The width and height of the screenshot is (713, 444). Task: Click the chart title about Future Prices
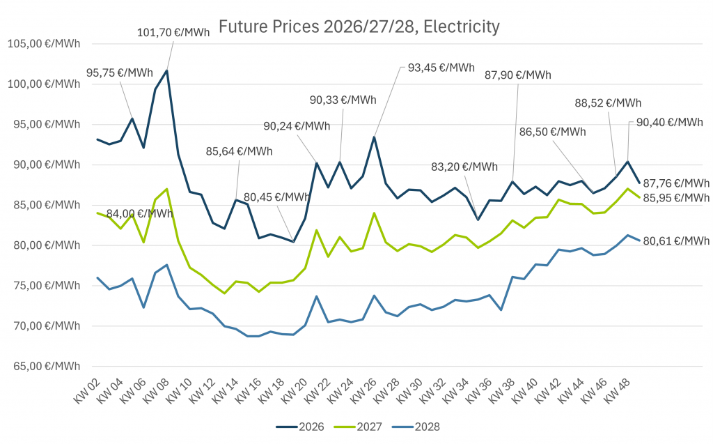tap(359, 27)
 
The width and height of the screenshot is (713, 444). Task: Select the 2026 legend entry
tap(300, 426)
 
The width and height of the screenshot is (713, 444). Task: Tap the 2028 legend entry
tap(416, 426)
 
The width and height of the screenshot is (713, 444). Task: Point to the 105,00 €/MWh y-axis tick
tap(44, 44)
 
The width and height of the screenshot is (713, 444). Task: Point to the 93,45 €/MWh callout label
tap(441, 68)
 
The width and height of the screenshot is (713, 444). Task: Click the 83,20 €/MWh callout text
tap(464, 167)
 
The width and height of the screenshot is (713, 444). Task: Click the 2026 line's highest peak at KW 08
tap(166, 70)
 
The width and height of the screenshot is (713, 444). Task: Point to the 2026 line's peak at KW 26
tap(374, 137)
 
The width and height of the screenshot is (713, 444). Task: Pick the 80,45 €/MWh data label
tap(276, 197)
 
